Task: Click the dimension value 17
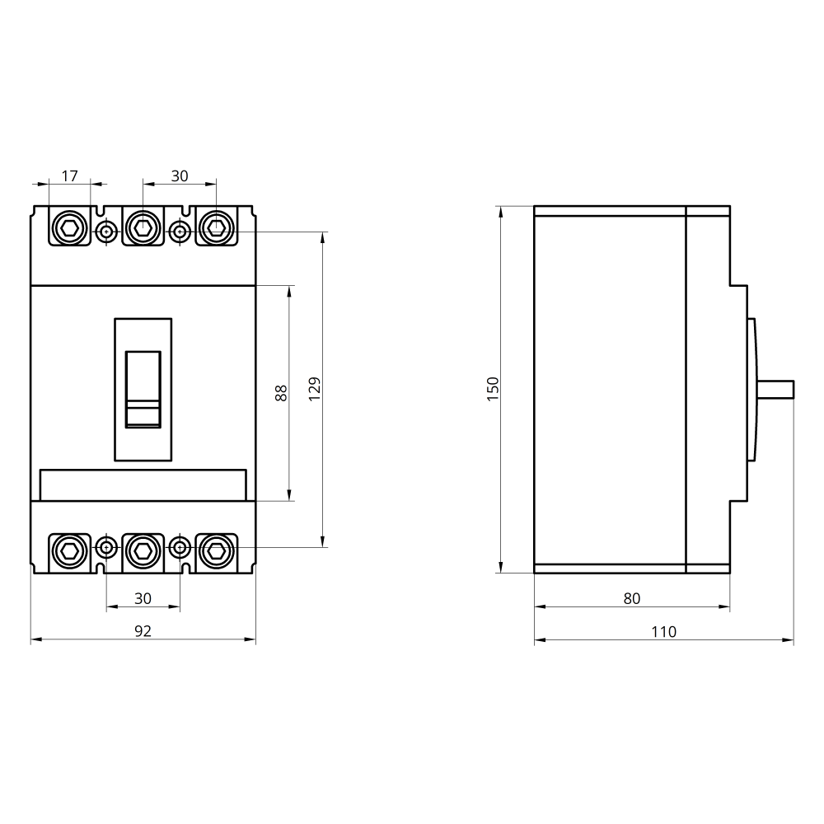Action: pyautogui.click(x=69, y=176)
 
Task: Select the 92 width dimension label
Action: pyautogui.click(x=143, y=630)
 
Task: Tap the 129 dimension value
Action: pyautogui.click(x=314, y=389)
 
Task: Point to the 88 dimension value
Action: pyautogui.click(x=281, y=393)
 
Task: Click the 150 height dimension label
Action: pyautogui.click(x=493, y=389)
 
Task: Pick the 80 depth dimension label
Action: pyautogui.click(x=632, y=598)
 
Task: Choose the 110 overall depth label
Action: pyautogui.click(x=663, y=631)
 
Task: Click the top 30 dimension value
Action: pyautogui.click(x=180, y=176)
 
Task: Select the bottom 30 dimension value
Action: pyautogui.click(x=143, y=598)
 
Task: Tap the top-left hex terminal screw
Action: pyautogui.click(x=70, y=228)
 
